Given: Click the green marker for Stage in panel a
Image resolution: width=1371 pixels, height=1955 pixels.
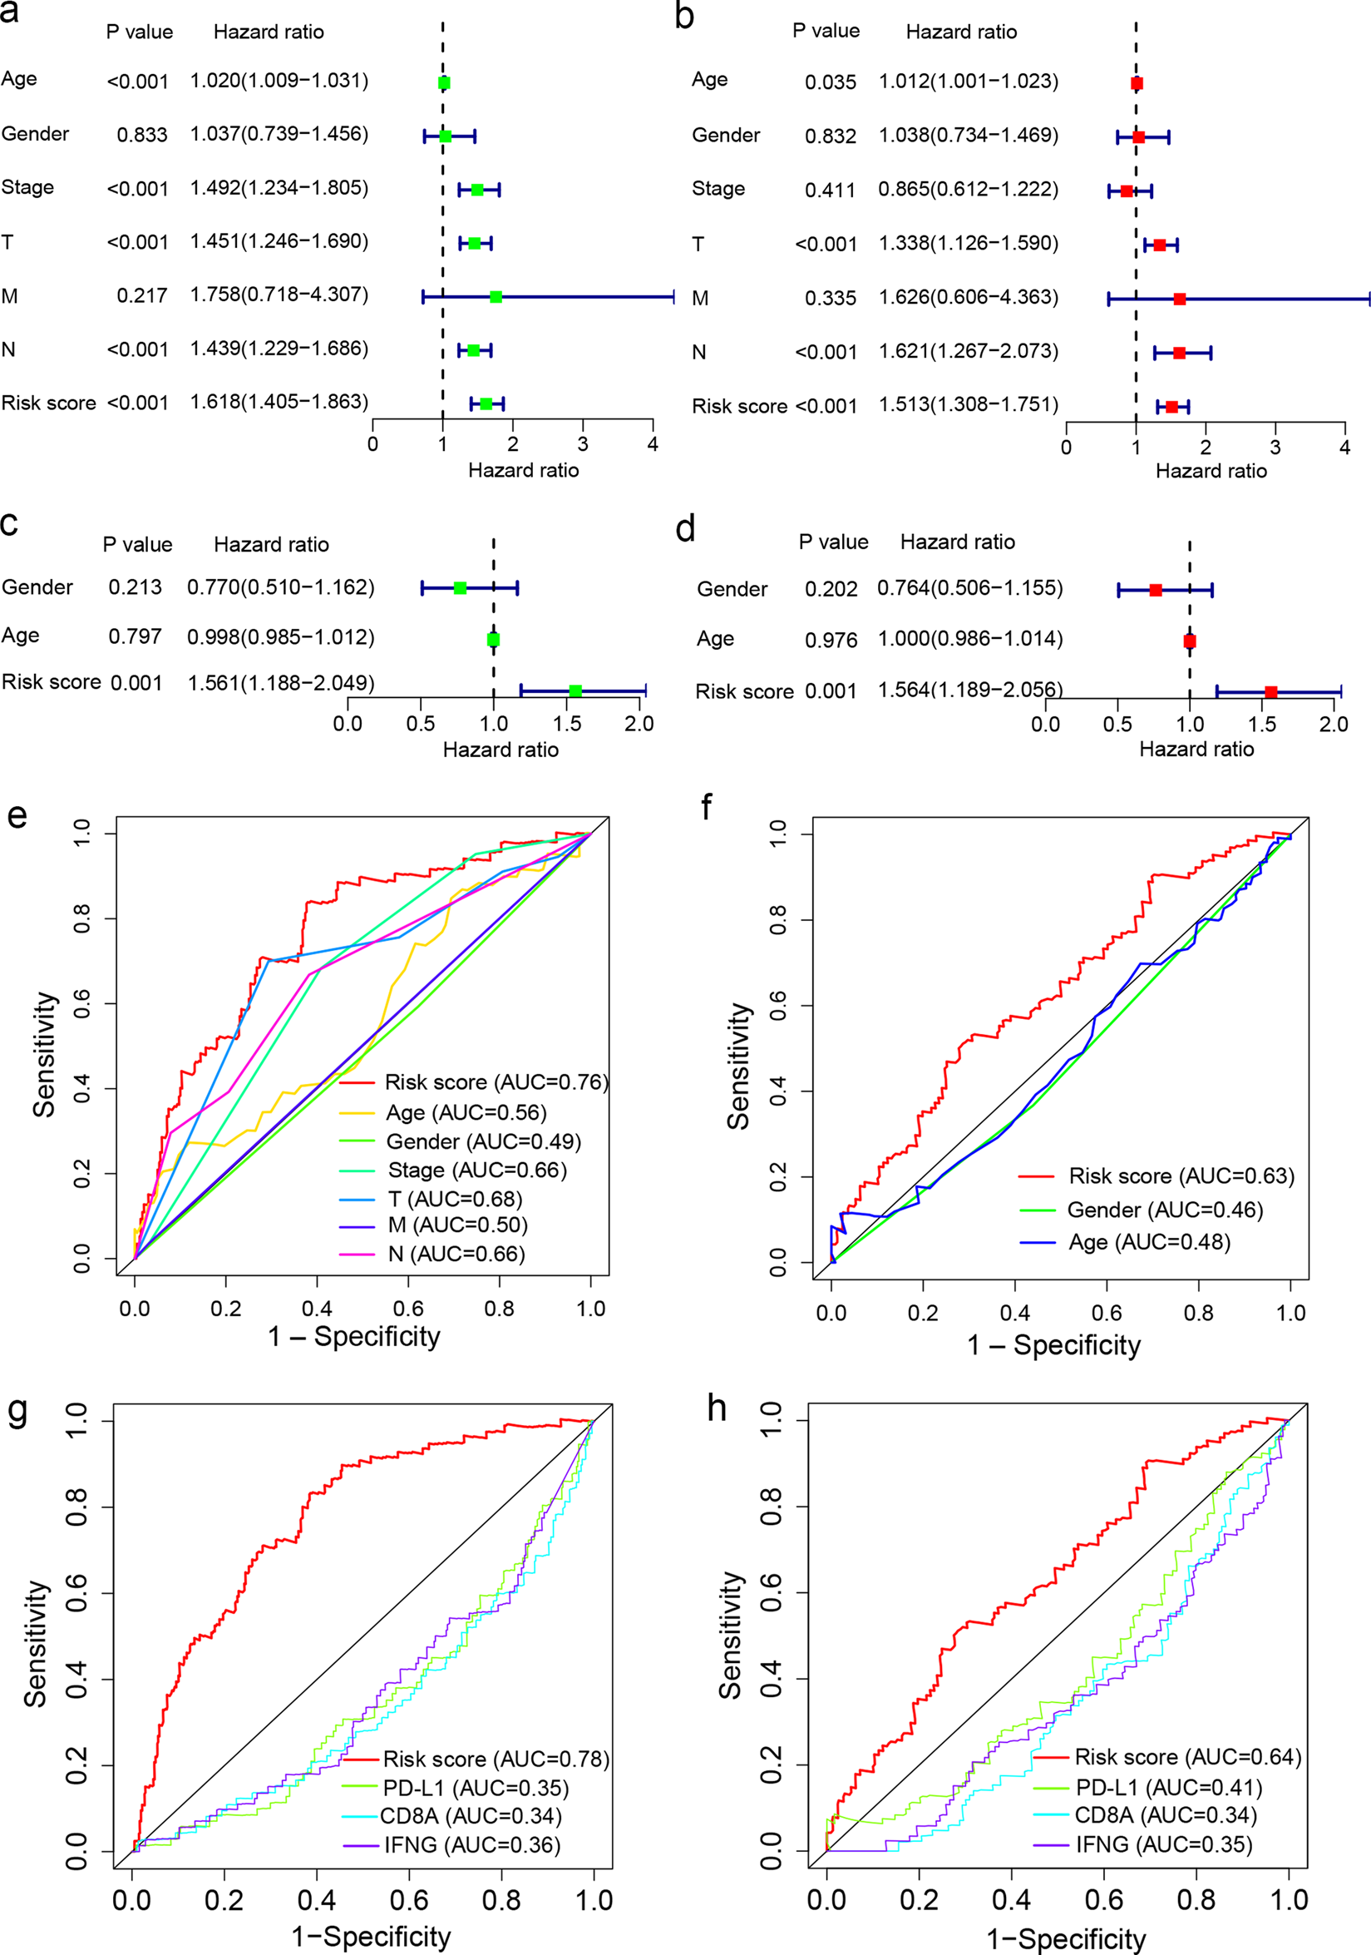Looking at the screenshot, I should (477, 190).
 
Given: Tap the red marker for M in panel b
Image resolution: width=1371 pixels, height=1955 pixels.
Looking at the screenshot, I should (1180, 299).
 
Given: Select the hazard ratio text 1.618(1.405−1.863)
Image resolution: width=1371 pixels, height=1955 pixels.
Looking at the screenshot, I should (279, 402).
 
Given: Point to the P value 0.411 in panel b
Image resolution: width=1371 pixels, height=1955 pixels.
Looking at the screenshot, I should (830, 190).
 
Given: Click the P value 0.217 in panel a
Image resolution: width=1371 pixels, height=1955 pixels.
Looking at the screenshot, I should (142, 295).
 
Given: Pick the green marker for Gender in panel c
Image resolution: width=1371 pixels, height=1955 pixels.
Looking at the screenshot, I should (460, 587).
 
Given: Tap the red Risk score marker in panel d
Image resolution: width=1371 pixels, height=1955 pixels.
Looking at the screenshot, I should (1271, 692).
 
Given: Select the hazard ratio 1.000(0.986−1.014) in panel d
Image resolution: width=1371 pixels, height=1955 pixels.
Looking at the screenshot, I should (970, 639).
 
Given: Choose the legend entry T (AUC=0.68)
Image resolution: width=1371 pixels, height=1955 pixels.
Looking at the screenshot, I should (455, 1199).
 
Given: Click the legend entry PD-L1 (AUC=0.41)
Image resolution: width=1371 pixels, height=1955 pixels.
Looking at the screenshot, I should (1168, 1788).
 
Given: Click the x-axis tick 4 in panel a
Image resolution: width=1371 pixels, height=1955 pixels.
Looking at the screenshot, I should (653, 443).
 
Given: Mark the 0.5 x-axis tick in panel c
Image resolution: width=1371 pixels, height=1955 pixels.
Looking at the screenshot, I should (421, 724).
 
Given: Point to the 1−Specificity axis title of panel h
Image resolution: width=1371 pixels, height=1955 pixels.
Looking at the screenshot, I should (1066, 1939).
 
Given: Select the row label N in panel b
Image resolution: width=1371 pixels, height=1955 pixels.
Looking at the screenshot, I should (698, 353).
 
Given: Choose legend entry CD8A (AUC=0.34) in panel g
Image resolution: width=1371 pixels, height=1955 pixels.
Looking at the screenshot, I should (471, 1816).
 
